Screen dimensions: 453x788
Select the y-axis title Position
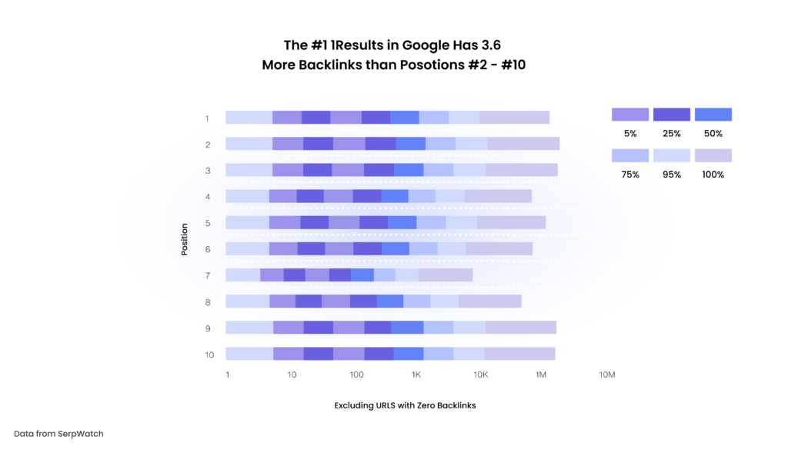pos(185,239)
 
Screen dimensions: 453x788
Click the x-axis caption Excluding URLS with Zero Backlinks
pos(405,405)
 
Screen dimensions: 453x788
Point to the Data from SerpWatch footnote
pos(58,434)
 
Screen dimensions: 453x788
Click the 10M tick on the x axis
pos(606,375)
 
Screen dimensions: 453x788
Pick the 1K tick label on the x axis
pos(416,375)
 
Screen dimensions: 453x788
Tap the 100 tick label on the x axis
pos(356,375)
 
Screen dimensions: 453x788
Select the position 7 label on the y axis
pos(207,275)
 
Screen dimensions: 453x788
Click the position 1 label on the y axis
pos(207,118)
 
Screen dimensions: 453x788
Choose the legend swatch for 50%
pos(713,115)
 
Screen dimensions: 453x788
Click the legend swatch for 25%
pos(672,115)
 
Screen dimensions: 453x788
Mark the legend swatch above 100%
pos(713,155)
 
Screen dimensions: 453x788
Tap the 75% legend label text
pos(629,175)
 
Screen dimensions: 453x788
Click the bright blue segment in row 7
pos(362,275)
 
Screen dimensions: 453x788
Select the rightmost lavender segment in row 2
pos(523,144)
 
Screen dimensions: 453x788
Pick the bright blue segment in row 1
pos(405,118)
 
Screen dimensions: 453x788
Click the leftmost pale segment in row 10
pos(249,354)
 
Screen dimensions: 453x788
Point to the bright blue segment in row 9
pos(407,328)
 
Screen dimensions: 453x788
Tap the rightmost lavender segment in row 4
pos(498,196)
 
